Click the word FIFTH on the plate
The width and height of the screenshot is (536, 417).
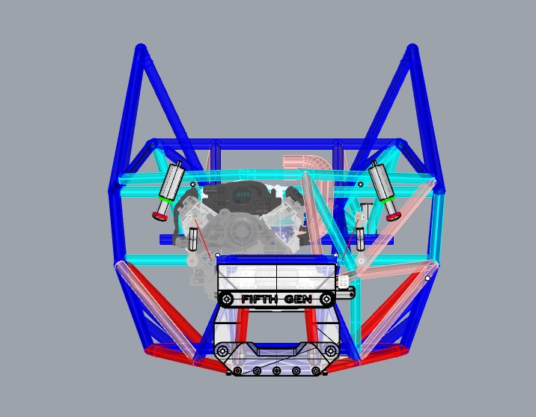click(x=259, y=299)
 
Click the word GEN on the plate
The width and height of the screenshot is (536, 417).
click(x=298, y=299)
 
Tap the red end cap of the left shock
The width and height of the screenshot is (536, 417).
click(x=159, y=216)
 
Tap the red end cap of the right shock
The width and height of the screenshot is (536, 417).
click(x=394, y=216)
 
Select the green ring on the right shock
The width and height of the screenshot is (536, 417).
click(x=387, y=200)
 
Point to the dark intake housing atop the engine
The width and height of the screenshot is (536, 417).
click(x=241, y=195)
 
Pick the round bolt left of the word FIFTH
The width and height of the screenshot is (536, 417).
click(x=226, y=299)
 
